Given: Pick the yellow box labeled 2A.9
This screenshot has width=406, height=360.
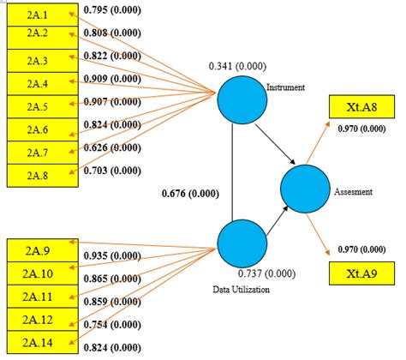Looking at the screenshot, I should [x=39, y=251].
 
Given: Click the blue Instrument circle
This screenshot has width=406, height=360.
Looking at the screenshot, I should [x=241, y=100].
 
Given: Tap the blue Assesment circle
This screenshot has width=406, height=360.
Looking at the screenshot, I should [x=306, y=189].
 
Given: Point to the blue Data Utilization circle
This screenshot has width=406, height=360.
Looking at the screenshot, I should [x=241, y=243].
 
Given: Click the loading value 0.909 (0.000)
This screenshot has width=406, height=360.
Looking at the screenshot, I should [x=114, y=79].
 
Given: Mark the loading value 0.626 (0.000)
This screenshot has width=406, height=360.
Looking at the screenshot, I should [x=114, y=147].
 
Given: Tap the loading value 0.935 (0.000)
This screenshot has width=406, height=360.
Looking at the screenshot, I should [x=112, y=255].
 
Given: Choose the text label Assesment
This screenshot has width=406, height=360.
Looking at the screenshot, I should [x=353, y=192].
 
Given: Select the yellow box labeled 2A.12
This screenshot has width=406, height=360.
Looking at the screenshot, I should [x=39, y=319].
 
